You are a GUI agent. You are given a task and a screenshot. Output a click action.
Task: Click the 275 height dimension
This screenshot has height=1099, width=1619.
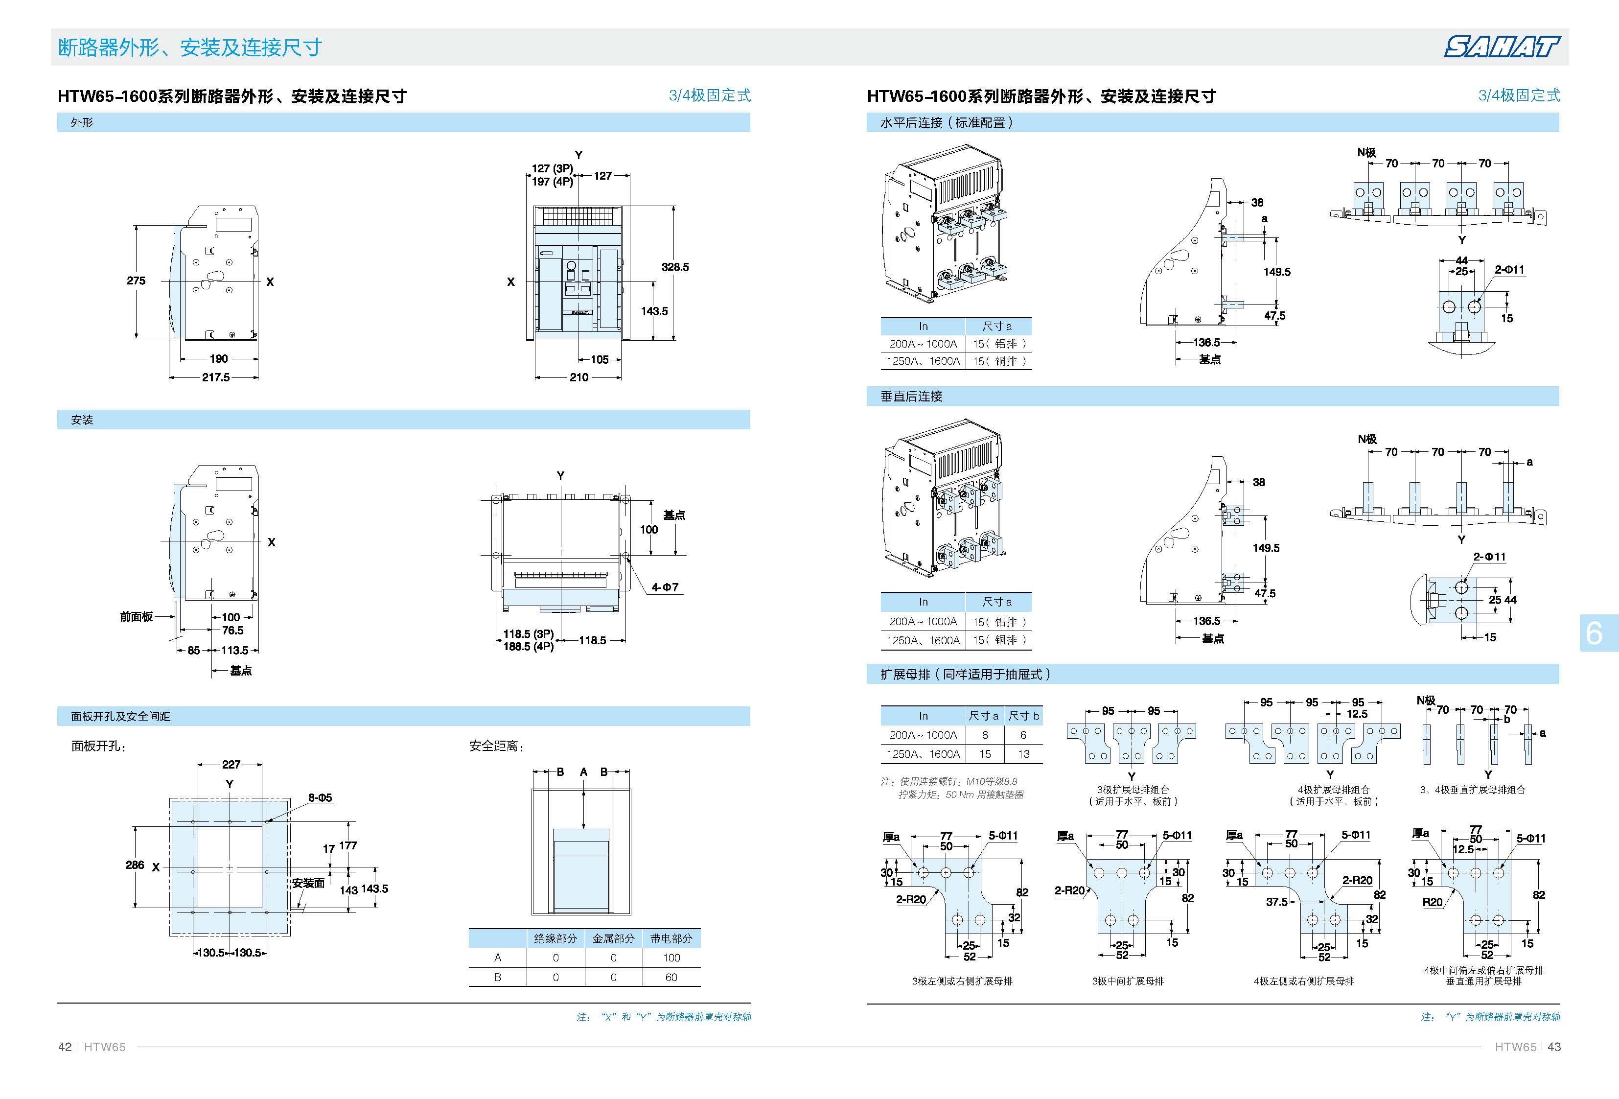pyautogui.click(x=136, y=281)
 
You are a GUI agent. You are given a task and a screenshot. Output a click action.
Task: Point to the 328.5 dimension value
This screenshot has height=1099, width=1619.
pyautogui.click(x=674, y=267)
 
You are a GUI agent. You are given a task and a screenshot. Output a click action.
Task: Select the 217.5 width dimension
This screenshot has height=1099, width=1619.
pyautogui.click(x=215, y=377)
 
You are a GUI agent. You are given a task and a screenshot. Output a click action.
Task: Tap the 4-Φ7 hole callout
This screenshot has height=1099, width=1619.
pyautogui.click(x=665, y=587)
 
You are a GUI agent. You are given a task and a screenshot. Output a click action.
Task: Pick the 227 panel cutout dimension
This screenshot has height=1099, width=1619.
pyautogui.click(x=231, y=764)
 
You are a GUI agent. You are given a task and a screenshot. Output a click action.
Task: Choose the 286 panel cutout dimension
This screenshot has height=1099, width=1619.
pyautogui.click(x=135, y=865)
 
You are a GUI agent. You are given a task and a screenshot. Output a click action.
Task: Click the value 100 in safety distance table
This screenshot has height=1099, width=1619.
pyautogui.click(x=671, y=958)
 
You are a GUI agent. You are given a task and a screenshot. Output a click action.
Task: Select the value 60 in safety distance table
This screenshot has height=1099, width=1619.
pyautogui.click(x=671, y=977)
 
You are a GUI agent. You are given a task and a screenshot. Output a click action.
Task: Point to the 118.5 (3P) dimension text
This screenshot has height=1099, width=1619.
pyautogui.click(x=528, y=634)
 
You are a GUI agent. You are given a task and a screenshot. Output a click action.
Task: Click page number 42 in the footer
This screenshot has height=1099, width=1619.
pyautogui.click(x=65, y=1047)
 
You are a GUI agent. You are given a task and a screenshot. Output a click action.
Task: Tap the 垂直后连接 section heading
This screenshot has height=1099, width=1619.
pyautogui.click(x=911, y=397)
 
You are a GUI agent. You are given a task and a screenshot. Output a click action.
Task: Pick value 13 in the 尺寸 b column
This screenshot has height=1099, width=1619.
pyautogui.click(x=1023, y=754)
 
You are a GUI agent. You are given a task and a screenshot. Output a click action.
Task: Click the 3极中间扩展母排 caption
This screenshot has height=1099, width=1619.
pyautogui.click(x=1127, y=981)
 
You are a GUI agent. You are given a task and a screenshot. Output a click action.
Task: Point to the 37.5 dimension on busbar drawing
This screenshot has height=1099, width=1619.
pyautogui.click(x=1276, y=902)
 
